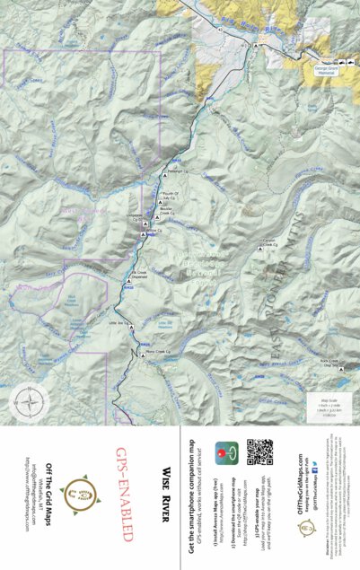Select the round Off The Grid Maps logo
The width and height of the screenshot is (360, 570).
[x=82, y=491]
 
